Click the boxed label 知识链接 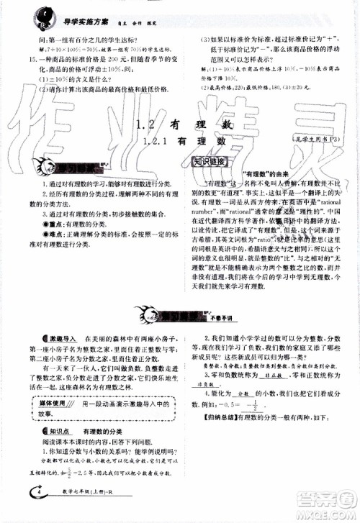coord(210,162)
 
